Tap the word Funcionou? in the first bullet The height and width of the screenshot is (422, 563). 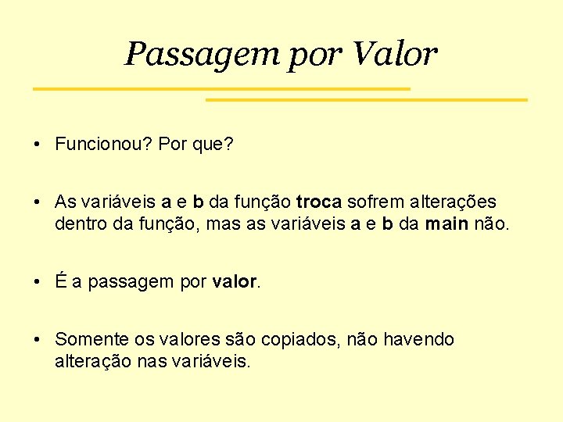click(103, 144)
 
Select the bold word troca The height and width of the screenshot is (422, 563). click(319, 202)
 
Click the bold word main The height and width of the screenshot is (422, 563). click(447, 224)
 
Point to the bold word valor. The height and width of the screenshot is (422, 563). click(234, 282)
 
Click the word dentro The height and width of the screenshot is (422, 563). click(78, 224)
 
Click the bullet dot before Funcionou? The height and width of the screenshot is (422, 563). click(38, 145)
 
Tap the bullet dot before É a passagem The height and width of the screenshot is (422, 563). click(38, 282)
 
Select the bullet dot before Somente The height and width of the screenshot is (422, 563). click(38, 340)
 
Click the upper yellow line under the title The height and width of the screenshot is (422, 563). click(221, 89)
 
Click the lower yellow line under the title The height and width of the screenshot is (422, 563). click(366, 100)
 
